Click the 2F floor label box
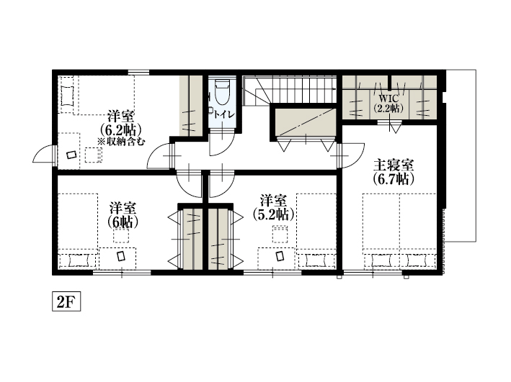point(66,303)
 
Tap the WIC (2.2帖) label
point(388,104)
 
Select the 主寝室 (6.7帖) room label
point(394,172)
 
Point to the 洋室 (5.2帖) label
point(273,208)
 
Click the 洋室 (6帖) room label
point(123,215)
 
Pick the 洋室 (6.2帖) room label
point(120,123)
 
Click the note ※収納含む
point(120,142)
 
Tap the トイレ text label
point(224,114)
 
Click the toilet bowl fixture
point(223,93)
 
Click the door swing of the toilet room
point(222,142)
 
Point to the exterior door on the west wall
point(44,155)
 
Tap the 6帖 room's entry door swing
point(189,183)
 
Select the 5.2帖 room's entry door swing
point(222,183)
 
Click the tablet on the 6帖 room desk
point(121,256)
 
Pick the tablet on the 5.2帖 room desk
point(280,256)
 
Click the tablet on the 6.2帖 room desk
point(71,155)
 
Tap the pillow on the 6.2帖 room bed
point(67,96)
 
